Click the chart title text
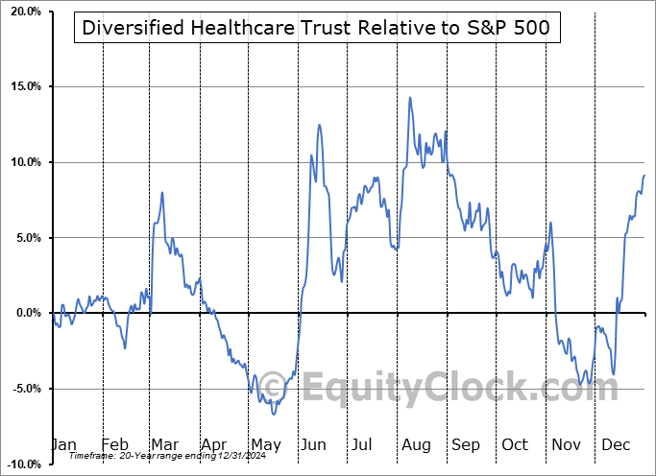coord(316,28)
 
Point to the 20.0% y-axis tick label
coord(23,12)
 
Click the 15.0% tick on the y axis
coord(23,87)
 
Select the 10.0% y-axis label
coord(23,162)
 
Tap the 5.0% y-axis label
coord(26,238)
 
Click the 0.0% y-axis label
coord(26,313)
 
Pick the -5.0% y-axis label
coord(24,389)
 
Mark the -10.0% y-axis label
coord(22,464)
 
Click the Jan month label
coord(63,445)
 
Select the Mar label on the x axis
coord(165,445)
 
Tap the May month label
coord(265,445)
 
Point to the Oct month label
coord(516,445)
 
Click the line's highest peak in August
coord(410,97)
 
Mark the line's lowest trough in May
coord(274,414)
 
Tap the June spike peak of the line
coord(318,125)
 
